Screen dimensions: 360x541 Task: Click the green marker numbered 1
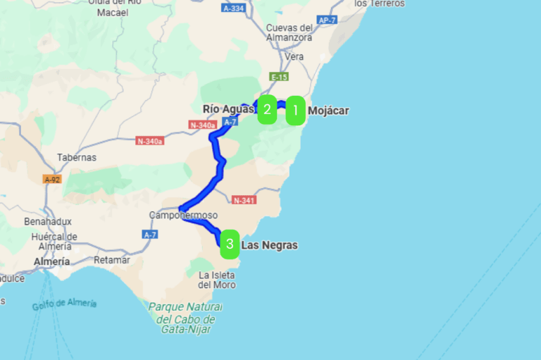(295, 110)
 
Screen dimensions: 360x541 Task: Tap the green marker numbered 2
(267, 109)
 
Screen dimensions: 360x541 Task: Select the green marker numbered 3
(230, 244)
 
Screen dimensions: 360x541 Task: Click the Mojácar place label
(328, 110)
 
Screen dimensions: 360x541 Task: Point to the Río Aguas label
(228, 108)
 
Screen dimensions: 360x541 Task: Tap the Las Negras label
(269, 245)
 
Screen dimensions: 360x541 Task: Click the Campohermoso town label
(184, 215)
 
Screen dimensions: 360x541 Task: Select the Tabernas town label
(77, 157)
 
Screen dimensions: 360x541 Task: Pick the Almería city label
(51, 261)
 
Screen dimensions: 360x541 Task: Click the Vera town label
(294, 56)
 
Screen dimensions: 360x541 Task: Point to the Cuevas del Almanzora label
(289, 32)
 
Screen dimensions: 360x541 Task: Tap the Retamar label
(111, 259)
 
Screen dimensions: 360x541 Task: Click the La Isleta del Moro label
(217, 280)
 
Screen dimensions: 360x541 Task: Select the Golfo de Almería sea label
(64, 304)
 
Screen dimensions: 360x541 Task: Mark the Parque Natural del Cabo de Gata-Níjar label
(185, 318)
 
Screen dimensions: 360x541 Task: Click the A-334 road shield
(233, 8)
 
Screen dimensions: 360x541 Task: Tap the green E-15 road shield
(279, 77)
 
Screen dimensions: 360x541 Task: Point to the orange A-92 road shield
(51, 179)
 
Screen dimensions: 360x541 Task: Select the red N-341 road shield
(242, 199)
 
